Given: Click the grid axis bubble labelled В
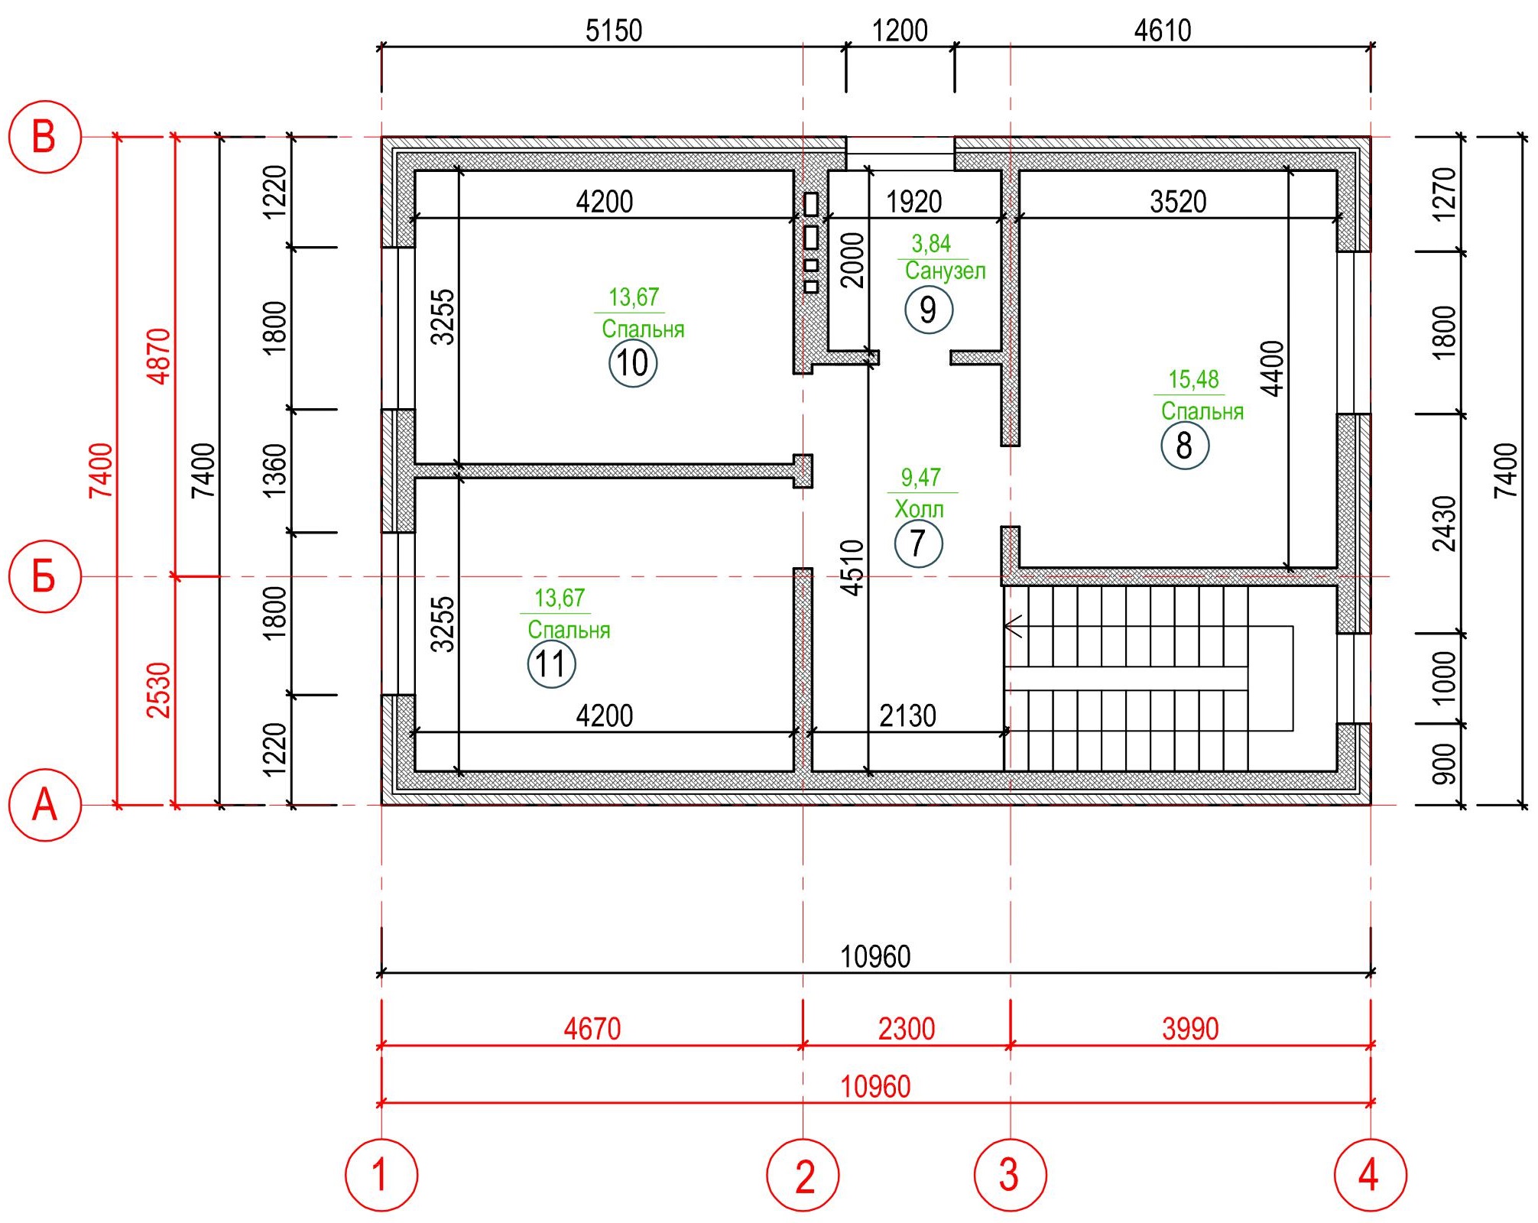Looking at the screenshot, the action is pyautogui.click(x=44, y=137).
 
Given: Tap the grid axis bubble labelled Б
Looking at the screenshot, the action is pyautogui.click(x=44, y=576).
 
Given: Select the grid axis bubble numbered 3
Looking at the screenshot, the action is pyautogui.click(x=1010, y=1175).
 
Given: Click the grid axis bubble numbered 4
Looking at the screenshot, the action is pyautogui.click(x=1370, y=1175).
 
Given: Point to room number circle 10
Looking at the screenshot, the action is pyautogui.click(x=633, y=363).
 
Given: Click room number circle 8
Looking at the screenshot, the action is pyautogui.click(x=1185, y=445).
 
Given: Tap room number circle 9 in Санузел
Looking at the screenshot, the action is pyautogui.click(x=929, y=310).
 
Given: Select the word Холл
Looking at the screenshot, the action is pyautogui.click(x=919, y=509).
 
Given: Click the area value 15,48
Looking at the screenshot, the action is pyautogui.click(x=1193, y=380).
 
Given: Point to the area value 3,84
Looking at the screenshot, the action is pyautogui.click(x=931, y=245).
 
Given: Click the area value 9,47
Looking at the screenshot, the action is pyautogui.click(x=920, y=478).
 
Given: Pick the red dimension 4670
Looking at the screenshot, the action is pyautogui.click(x=592, y=1029).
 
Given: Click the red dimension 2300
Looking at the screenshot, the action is pyautogui.click(x=907, y=1029).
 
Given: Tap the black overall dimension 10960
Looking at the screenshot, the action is pyautogui.click(x=875, y=956).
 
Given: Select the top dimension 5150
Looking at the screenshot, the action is pyautogui.click(x=614, y=31).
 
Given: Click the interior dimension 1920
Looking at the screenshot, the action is pyautogui.click(x=913, y=202).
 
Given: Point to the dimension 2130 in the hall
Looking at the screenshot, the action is pyautogui.click(x=907, y=716).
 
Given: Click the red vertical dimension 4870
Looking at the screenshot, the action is pyautogui.click(x=159, y=356).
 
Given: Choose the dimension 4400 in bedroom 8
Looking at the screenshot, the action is pyautogui.click(x=1272, y=369).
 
